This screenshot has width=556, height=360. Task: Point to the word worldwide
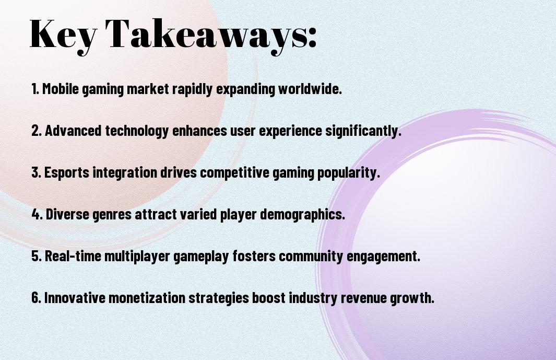310,89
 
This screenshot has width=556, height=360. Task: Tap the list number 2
37,131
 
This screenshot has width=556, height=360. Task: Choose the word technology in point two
136,131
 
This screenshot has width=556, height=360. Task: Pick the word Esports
67,172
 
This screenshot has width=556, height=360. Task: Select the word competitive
235,172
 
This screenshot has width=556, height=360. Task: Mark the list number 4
37,214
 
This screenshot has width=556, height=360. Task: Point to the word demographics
302,214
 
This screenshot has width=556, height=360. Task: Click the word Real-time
73,256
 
